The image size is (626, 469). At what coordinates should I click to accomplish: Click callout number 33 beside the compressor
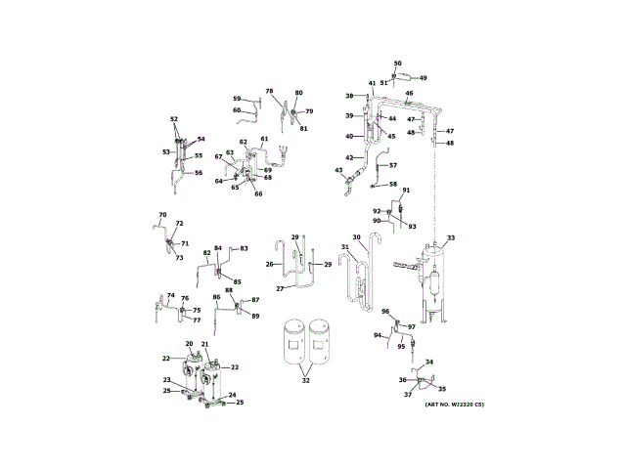coord(451,237)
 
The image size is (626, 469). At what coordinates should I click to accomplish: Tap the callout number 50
coord(397,64)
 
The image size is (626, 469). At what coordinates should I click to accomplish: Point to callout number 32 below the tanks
coord(306,380)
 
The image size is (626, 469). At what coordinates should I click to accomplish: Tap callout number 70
coord(162,215)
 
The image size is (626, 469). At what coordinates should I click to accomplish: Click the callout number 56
coord(199,173)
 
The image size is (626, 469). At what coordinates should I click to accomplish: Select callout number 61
coord(264,139)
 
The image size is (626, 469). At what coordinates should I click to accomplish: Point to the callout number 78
coord(269,91)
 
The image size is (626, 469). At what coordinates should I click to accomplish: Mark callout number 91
coord(406,190)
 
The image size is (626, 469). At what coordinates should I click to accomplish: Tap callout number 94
coord(377,335)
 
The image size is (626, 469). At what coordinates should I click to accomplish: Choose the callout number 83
coord(245,248)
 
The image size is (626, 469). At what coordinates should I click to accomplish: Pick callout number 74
coord(170,295)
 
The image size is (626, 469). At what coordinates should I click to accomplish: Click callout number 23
coord(167,380)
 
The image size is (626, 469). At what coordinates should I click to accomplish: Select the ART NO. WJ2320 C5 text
coord(454,405)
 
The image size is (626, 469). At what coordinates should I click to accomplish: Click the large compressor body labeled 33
coord(431,278)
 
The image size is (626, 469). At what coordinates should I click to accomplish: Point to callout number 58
coord(393,184)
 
